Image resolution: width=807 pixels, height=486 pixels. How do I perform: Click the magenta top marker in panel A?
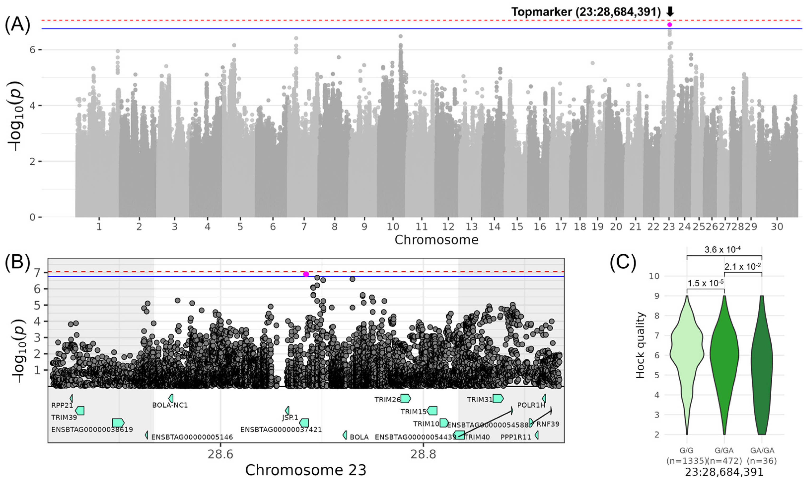click(670, 25)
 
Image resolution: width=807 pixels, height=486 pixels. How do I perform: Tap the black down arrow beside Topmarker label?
click(670, 12)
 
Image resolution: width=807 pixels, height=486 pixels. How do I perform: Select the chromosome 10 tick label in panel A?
click(393, 227)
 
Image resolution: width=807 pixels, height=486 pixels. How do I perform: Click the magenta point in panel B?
click(306, 274)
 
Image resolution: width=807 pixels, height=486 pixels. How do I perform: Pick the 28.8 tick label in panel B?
click(423, 455)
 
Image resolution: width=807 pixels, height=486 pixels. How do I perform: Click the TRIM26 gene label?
click(387, 400)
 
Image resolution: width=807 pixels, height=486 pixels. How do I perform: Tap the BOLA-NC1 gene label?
click(170, 405)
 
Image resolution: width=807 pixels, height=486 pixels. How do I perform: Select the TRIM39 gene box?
click(80, 410)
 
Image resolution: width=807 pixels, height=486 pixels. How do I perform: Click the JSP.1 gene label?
click(290, 418)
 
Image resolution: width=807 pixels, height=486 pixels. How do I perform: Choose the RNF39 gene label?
click(548, 424)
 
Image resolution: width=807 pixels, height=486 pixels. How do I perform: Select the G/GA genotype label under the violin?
click(724, 451)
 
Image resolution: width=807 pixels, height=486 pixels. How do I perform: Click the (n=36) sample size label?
click(762, 461)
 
